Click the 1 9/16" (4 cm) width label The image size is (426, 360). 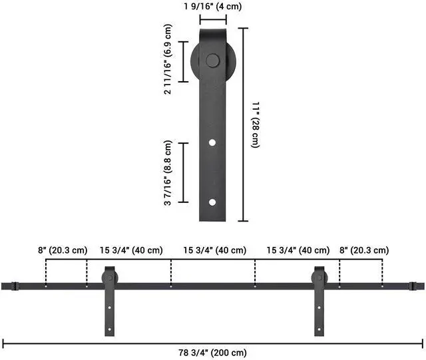click(x=212, y=6)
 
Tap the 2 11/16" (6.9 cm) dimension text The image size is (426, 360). click(x=168, y=59)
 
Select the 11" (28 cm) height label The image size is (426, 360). click(x=256, y=124)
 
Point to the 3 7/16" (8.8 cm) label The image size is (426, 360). click(x=168, y=173)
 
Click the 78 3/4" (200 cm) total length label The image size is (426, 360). click(x=212, y=353)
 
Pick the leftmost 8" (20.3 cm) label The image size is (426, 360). click(x=63, y=250)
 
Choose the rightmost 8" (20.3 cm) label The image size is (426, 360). click(x=364, y=250)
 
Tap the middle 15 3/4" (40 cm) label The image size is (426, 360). click(x=214, y=250)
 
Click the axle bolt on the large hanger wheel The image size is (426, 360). click(x=212, y=61)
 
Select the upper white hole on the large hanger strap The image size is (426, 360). click(x=212, y=142)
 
